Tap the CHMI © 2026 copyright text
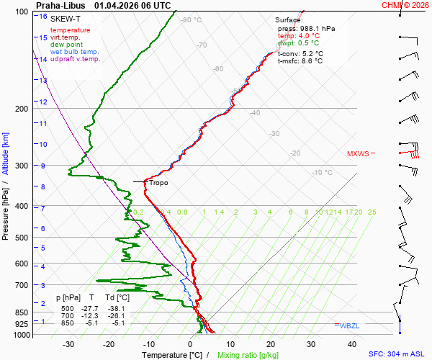point(405,5)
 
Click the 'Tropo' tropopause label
point(159,183)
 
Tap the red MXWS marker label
point(357,153)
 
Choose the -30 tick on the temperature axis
point(68,344)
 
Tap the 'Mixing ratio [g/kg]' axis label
point(248,355)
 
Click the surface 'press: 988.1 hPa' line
point(306,28)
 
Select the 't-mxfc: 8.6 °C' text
point(300,61)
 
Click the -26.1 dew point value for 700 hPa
point(115,315)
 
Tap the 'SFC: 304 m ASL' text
point(398,354)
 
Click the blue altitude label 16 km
point(43,17)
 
